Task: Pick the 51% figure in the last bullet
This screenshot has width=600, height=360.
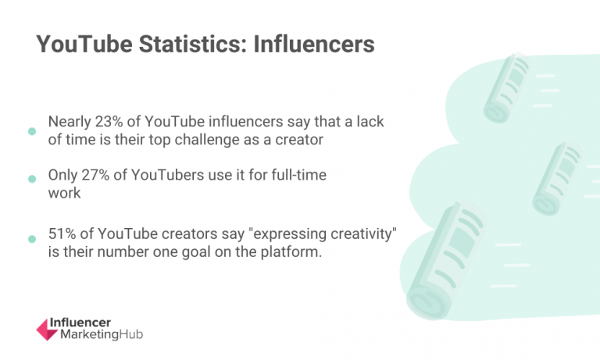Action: coord(63,237)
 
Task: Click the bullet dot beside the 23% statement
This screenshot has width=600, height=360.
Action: coord(31,131)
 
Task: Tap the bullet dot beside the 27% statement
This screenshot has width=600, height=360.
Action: coord(31,179)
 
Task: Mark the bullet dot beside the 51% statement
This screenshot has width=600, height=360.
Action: coord(31,239)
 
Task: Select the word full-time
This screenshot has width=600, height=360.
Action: coord(300,176)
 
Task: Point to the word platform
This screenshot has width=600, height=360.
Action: coord(292,254)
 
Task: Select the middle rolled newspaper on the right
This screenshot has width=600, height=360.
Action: coord(556,178)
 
